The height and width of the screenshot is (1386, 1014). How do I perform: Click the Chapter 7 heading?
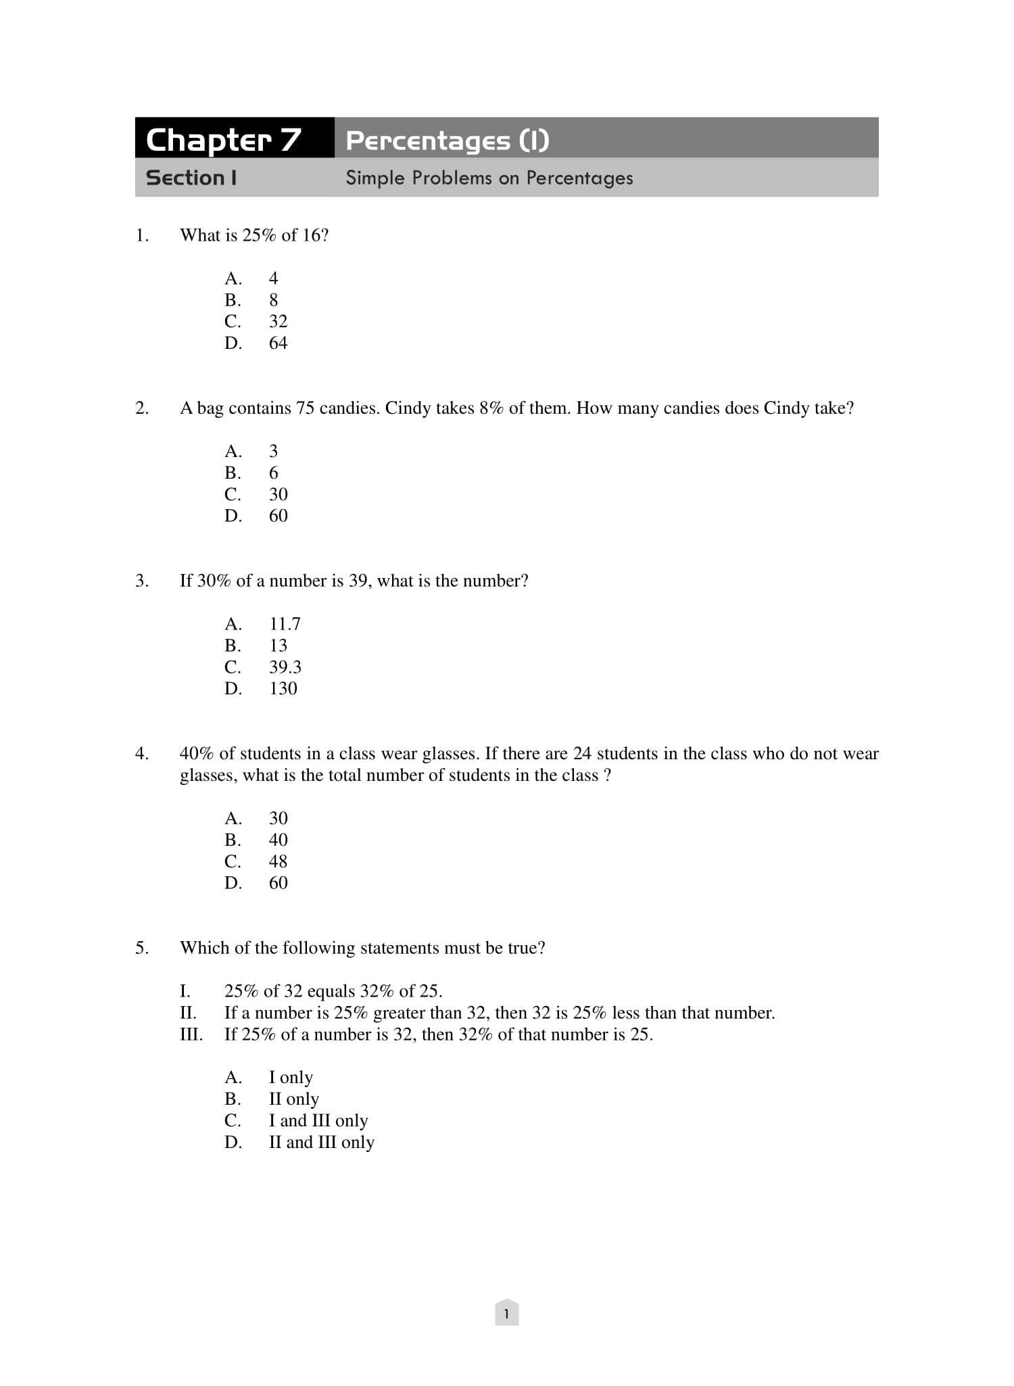[224, 139]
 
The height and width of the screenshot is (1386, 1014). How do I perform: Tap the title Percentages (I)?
[447, 141]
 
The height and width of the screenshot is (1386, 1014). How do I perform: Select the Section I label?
[191, 178]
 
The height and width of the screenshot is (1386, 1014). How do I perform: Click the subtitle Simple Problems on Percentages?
[489, 178]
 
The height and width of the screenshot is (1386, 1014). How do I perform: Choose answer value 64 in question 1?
[278, 343]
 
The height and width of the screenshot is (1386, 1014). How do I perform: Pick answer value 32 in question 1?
[278, 322]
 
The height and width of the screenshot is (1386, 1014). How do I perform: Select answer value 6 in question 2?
[273, 473]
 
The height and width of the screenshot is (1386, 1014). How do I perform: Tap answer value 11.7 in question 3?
[285, 624]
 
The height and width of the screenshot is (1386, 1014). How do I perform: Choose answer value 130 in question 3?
[283, 689]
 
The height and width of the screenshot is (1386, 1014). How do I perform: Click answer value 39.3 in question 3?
[285, 667]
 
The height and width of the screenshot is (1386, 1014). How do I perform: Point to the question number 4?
[141, 754]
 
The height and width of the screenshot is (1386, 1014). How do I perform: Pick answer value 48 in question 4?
[278, 861]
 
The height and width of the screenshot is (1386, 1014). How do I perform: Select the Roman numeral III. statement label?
[191, 1034]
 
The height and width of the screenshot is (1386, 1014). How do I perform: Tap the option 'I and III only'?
[318, 1121]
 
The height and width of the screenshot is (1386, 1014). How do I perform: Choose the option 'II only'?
[293, 1099]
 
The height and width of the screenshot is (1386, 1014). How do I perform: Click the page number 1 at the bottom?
[506, 1314]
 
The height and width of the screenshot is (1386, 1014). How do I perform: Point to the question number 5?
[141, 948]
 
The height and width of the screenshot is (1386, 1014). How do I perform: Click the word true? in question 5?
[526, 948]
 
